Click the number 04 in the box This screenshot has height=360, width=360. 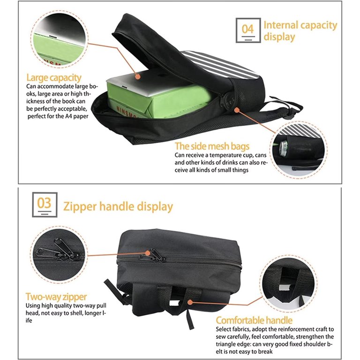[247, 29]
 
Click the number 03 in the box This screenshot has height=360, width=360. [45, 203]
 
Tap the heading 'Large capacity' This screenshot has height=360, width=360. [54, 78]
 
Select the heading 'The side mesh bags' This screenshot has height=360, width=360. [212, 146]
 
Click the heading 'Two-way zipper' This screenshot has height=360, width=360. [56, 297]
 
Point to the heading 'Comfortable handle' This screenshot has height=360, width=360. [254, 320]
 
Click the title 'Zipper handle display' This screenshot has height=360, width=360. [118, 206]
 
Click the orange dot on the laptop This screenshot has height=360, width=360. [137, 76]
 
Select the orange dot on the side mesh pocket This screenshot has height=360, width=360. [237, 110]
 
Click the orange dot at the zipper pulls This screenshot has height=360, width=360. [148, 253]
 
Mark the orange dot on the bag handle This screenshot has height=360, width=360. [190, 302]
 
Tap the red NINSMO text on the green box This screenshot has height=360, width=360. [125, 112]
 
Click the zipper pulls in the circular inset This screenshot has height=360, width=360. [59, 250]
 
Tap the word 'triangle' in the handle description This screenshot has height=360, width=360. [225, 345]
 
